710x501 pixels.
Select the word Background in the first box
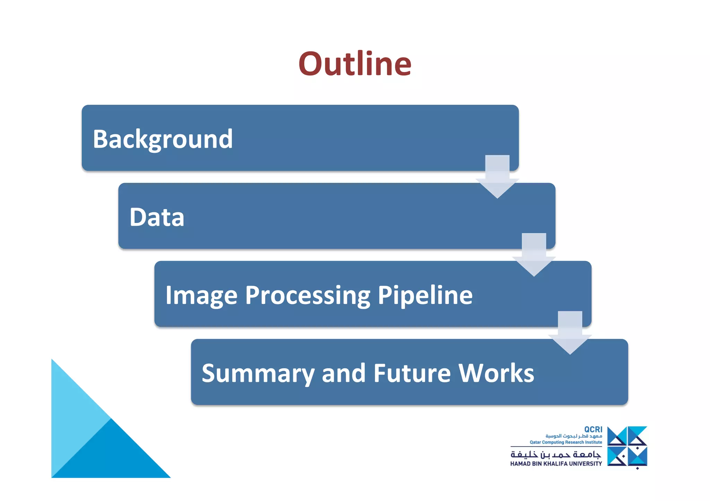click(x=163, y=139)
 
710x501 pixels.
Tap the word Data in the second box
click(x=157, y=217)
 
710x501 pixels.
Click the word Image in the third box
click(x=201, y=295)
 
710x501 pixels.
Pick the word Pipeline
click(x=425, y=295)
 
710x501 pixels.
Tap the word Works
click(x=496, y=373)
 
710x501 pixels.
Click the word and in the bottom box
click(x=344, y=373)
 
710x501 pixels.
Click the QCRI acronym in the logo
click(x=593, y=429)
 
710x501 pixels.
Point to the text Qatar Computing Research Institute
click(x=566, y=442)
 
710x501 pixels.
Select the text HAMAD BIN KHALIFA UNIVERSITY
click(x=556, y=464)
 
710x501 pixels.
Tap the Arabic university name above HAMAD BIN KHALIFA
click(x=556, y=454)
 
